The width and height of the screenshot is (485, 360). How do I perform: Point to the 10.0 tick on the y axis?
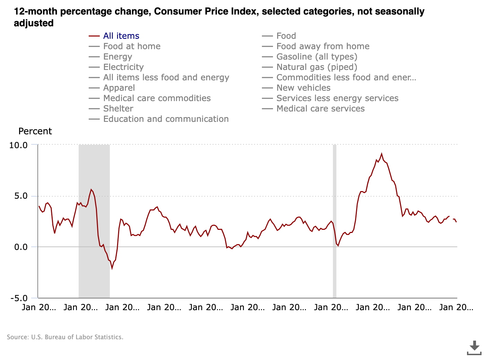click(18, 145)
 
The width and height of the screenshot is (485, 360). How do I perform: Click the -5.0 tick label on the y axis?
click(18, 298)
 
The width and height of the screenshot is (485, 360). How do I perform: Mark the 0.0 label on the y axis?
click(20, 247)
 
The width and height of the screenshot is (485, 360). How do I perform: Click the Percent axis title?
click(35, 132)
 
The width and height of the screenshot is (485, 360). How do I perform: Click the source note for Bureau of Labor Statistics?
click(65, 337)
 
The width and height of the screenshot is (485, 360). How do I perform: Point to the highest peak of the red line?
click(381, 154)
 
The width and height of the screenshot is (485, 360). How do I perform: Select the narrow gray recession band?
click(335, 222)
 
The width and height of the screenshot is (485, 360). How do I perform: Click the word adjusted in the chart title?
click(34, 23)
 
